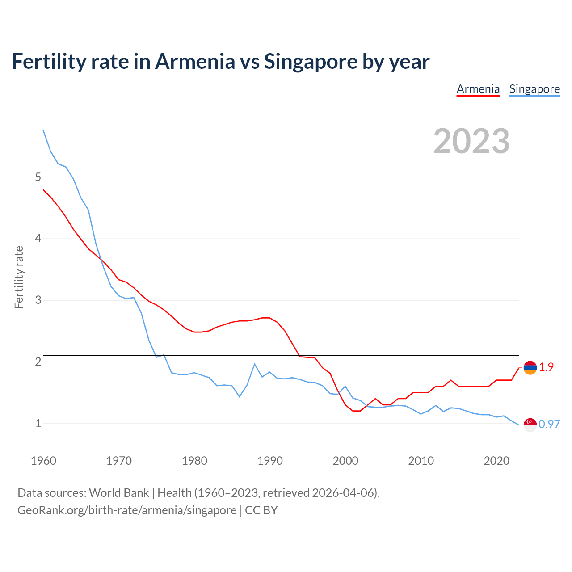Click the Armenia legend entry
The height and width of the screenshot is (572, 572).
coord(478,89)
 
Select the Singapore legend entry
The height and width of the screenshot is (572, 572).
coord(534,89)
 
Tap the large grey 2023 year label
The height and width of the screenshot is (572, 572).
coord(471,141)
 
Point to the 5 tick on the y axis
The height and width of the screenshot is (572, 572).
coord(38,177)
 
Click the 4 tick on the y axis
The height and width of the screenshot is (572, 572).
coord(38,239)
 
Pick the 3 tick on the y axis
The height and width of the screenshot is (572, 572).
coord(38,300)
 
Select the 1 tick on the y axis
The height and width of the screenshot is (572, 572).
coord(38,423)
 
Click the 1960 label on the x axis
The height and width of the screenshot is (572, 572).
coord(43,461)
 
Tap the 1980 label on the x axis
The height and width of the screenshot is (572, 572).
coord(194,461)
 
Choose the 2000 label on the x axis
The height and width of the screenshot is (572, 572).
coord(345,461)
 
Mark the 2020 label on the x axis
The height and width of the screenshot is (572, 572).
coord(496,461)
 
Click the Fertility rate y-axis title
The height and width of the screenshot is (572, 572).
coord(19,277)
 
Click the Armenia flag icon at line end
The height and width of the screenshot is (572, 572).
coord(530,368)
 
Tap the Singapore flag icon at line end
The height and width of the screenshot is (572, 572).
coord(530,425)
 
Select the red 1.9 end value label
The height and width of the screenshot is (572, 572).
coord(546,367)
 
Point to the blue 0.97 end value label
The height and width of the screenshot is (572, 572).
coord(549,424)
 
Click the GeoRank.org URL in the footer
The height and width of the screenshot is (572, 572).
coord(127,510)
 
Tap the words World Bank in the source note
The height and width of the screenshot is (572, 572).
coord(119,492)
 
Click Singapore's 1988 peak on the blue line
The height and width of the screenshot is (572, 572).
coord(254,364)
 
